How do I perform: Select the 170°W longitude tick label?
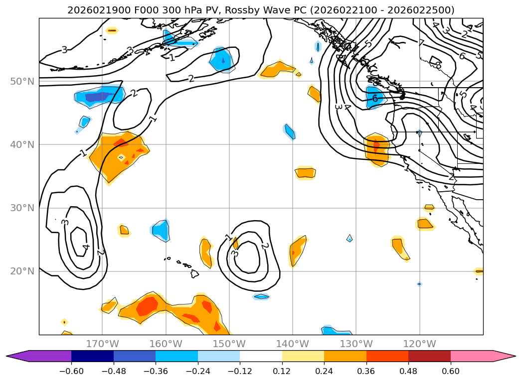coord(102,344)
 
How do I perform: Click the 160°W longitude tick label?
coord(166,344)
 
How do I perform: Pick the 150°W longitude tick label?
coord(229,344)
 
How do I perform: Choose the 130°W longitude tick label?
coord(356,344)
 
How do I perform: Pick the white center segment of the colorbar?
coord(261,356)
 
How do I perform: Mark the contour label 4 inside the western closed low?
coord(86,246)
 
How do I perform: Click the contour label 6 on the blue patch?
coord(375,99)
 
